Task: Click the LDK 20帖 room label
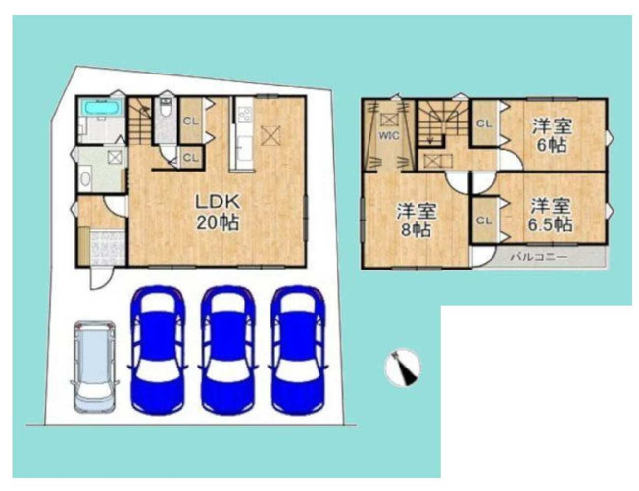(218, 212)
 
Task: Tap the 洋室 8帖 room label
(417, 221)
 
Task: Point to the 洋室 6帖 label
(552, 135)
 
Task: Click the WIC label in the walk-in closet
(389, 136)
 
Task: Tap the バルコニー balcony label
(539, 257)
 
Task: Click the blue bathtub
(102, 108)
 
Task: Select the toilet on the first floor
(165, 108)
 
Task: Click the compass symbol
(403, 368)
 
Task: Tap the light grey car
(94, 366)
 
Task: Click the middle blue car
(228, 351)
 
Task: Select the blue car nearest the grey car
(158, 351)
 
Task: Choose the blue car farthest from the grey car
(299, 351)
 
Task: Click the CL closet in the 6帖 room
(484, 123)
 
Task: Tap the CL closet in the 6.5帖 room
(484, 221)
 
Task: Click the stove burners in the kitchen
(244, 113)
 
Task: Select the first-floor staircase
(140, 121)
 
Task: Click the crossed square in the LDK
(270, 135)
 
